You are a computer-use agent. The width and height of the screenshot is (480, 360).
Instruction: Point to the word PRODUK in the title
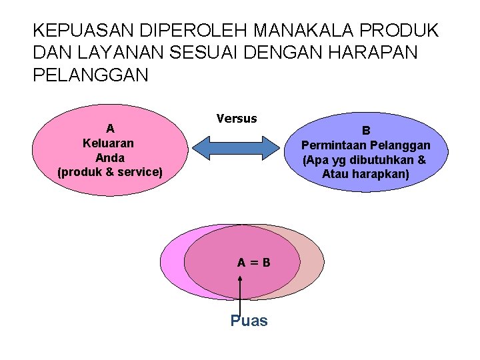(x=399, y=31)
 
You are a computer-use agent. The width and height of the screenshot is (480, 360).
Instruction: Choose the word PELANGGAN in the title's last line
(x=91, y=75)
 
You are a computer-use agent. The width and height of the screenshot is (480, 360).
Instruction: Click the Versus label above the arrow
(x=237, y=119)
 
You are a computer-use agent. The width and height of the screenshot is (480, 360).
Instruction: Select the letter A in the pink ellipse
(x=111, y=128)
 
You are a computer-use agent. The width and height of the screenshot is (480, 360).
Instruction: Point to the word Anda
(x=110, y=157)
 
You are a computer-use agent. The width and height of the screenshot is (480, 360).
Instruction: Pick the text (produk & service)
(x=110, y=172)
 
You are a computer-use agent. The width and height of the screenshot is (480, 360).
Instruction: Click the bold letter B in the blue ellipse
(x=366, y=131)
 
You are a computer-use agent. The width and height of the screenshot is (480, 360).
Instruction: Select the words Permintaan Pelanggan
(x=366, y=145)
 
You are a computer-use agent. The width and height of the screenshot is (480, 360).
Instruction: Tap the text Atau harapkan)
(x=366, y=175)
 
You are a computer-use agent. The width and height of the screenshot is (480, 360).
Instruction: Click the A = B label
(x=254, y=262)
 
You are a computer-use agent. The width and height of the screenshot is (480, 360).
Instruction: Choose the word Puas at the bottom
(x=249, y=321)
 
